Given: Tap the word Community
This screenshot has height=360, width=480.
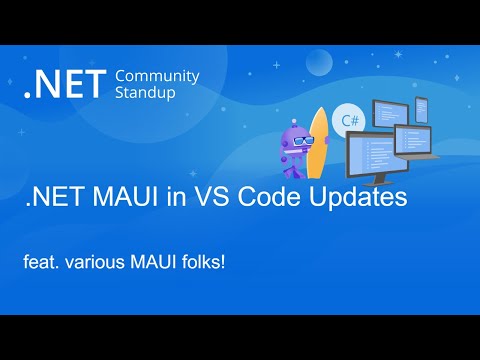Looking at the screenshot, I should tap(158, 76).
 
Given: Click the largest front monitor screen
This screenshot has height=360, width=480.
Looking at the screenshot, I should tap(377, 150).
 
